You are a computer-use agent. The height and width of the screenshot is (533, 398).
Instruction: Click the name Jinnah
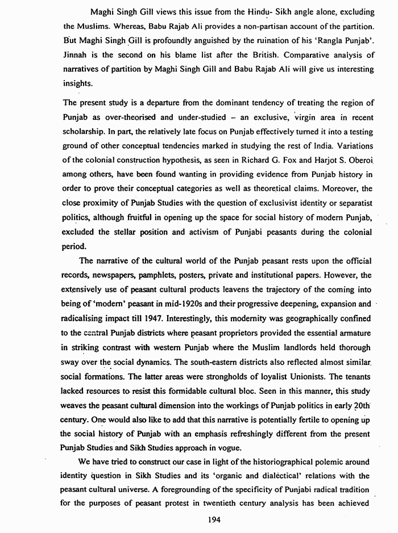pos(76,56)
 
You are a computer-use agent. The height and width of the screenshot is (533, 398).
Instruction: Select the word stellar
pos(130,232)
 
